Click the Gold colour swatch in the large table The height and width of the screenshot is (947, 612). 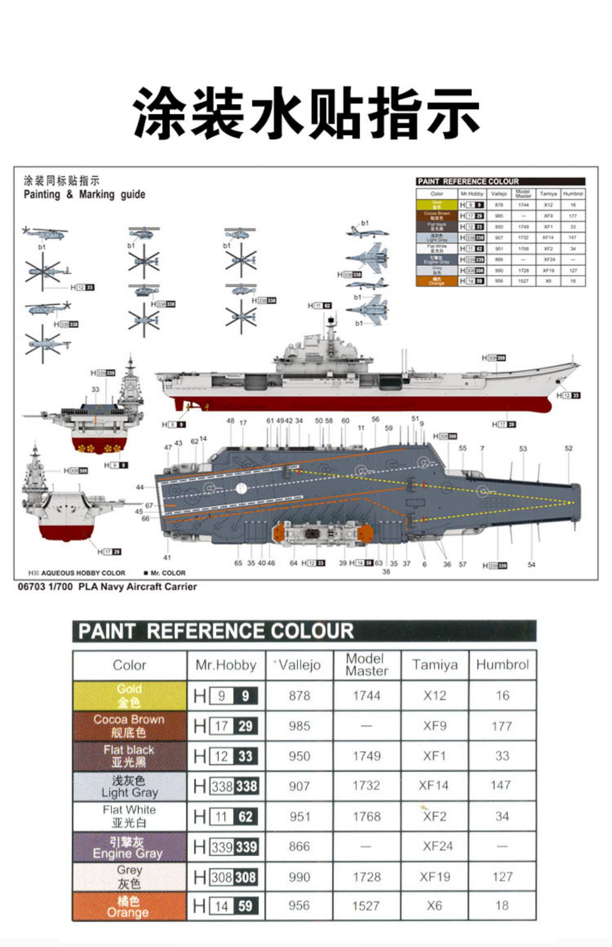pyautogui.click(x=129, y=695)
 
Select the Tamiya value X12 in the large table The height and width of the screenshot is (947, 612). pyautogui.click(x=435, y=695)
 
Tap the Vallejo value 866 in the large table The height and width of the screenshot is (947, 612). pyautogui.click(x=299, y=846)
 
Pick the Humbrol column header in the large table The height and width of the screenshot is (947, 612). pyautogui.click(x=502, y=665)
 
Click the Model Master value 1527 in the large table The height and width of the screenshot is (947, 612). pyautogui.click(x=366, y=906)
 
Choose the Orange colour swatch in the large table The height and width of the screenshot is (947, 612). pyautogui.click(x=129, y=906)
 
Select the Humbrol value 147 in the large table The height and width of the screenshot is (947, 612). pyautogui.click(x=501, y=785)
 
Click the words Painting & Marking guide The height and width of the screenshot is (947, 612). pyautogui.click(x=84, y=195)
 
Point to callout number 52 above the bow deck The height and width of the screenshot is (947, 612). pyautogui.click(x=568, y=448)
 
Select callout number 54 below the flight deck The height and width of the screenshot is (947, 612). pyautogui.click(x=531, y=565)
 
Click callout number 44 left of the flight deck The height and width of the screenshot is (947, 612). pyautogui.click(x=140, y=487)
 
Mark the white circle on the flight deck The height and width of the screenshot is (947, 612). pyautogui.click(x=242, y=487)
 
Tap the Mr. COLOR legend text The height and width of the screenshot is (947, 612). pyautogui.click(x=168, y=573)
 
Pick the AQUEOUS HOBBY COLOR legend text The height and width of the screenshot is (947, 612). pyautogui.click(x=83, y=573)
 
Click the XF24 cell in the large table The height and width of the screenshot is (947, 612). pyautogui.click(x=437, y=846)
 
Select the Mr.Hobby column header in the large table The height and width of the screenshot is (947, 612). pyautogui.click(x=226, y=665)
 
